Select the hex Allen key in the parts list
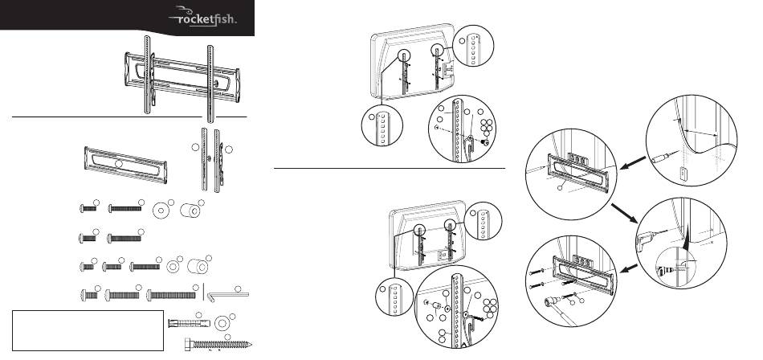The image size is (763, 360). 229,295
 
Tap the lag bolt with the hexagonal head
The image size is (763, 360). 218,345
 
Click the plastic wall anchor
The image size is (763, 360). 189,324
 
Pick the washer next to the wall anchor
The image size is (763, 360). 222,324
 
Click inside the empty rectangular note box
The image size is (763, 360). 88,330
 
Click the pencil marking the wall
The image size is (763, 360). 663,157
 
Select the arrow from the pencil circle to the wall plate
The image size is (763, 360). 633,162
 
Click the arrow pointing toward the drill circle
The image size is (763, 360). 625,214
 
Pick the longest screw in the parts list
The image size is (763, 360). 171,295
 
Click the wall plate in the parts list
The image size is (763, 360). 126,165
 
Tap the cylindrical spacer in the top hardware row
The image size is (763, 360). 190,211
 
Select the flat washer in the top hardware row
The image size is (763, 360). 161,211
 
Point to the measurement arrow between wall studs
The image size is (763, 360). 700,133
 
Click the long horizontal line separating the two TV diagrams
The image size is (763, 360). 390,169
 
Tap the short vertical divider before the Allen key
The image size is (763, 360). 203,292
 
